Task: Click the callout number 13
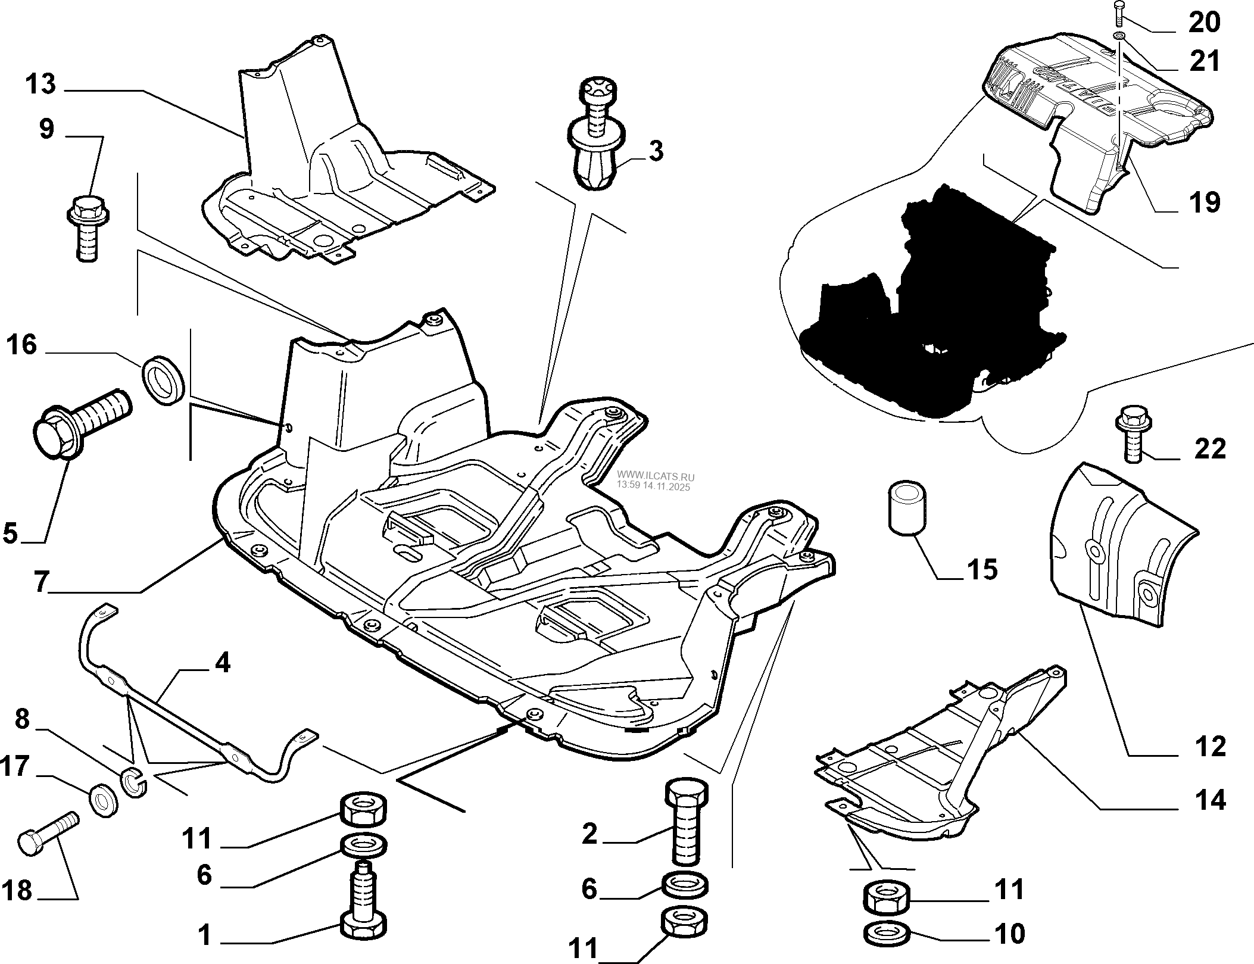click(x=40, y=85)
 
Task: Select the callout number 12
click(x=1210, y=745)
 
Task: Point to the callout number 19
click(x=1204, y=202)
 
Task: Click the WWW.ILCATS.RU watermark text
click(x=655, y=477)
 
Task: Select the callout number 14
click(x=1210, y=799)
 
